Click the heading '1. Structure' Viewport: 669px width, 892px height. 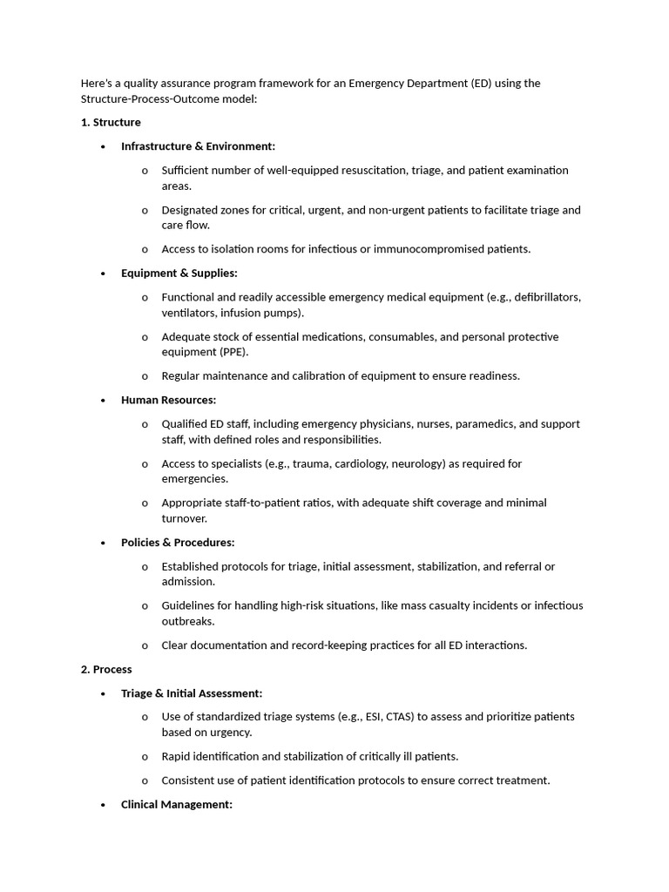point(111,122)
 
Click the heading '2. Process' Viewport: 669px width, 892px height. point(106,669)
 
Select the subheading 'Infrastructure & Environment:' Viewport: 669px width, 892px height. point(198,146)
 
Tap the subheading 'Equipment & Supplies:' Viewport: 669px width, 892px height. point(179,273)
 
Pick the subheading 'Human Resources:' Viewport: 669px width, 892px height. point(168,400)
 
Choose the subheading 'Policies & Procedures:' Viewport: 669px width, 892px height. point(178,542)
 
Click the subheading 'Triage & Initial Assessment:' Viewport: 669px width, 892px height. point(192,693)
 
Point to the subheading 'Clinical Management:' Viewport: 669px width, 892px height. point(177,804)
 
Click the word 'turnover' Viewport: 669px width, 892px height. point(184,518)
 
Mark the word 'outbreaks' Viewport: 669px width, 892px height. point(187,621)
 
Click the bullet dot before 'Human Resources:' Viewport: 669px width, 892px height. point(103,400)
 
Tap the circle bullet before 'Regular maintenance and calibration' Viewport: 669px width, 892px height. point(145,376)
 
